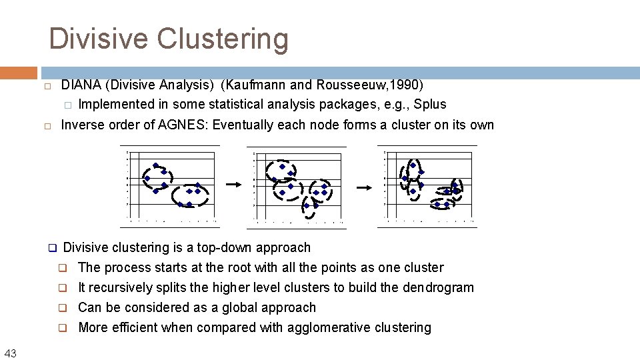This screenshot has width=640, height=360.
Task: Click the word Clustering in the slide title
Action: pos(223,39)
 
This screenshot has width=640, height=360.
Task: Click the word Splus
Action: pos(429,104)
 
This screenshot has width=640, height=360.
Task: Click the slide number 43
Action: pos(10,353)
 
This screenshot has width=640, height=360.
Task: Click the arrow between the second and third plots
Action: pos(363,188)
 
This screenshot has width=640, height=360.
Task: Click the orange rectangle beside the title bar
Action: pos(19,73)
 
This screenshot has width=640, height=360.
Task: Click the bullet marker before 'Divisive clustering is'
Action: pos(52,248)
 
